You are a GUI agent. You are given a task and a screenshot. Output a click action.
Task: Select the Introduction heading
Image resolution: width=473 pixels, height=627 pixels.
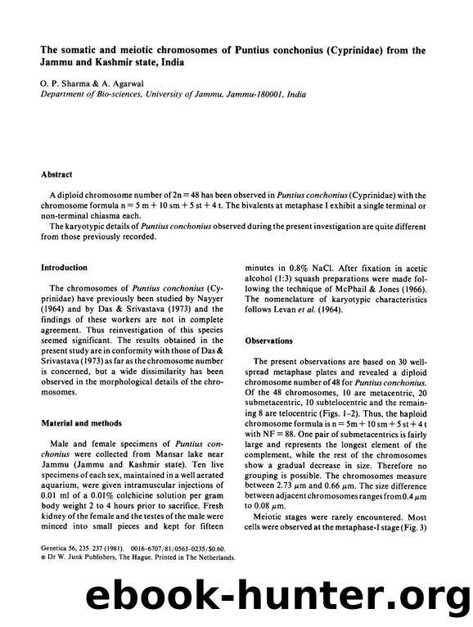66,268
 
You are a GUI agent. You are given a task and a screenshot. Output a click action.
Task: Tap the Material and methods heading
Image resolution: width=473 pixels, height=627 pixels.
83,423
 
